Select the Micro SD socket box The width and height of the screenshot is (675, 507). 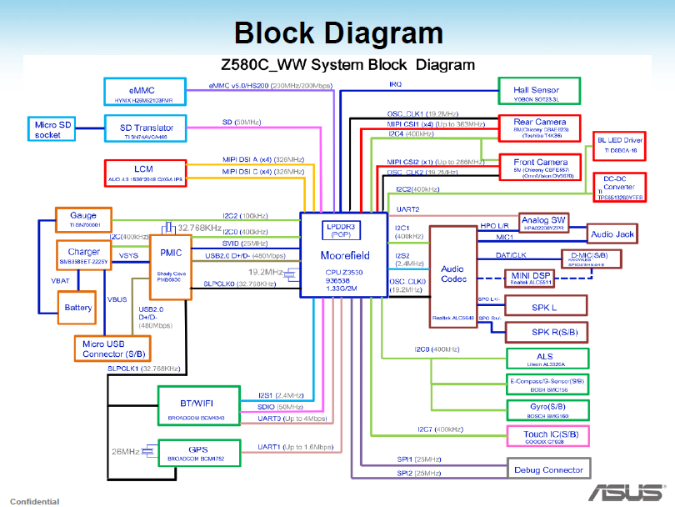52,129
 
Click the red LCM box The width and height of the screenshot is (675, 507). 144,172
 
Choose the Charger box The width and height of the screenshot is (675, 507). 83,255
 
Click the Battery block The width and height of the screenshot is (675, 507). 79,307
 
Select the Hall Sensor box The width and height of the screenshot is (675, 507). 539,93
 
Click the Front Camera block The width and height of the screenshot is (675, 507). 540,166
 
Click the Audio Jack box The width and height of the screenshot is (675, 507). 612,234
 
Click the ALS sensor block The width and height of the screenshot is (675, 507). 545,359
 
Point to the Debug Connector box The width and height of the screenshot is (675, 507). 548,469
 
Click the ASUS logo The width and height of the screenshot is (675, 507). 626,491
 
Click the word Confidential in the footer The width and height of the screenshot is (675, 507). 35,501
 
